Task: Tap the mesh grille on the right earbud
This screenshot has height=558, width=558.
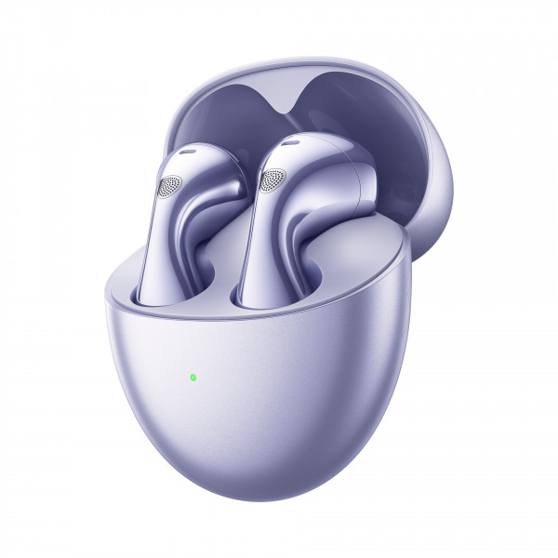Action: (x=271, y=180)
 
